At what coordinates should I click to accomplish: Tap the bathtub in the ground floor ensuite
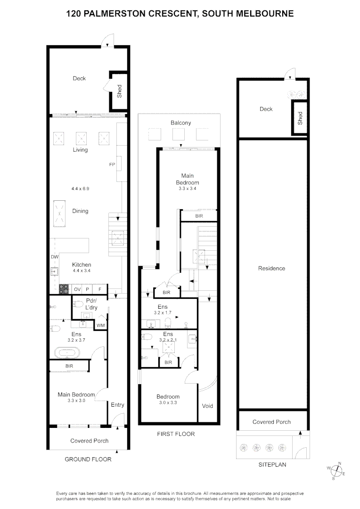(66, 352)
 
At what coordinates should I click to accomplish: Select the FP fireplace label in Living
(112, 165)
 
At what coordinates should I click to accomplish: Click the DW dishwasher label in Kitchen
(54, 257)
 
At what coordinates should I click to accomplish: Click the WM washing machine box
(100, 325)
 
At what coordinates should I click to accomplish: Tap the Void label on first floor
(207, 406)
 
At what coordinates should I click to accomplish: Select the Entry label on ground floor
(117, 405)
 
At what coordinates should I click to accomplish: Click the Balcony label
(181, 123)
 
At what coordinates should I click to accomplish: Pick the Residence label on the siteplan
(272, 269)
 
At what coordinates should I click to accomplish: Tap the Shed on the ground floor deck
(119, 91)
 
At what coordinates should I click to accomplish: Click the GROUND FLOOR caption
(89, 459)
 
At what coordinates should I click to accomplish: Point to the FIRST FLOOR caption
(175, 434)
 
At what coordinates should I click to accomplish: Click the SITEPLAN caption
(272, 465)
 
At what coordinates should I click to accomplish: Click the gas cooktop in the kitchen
(64, 289)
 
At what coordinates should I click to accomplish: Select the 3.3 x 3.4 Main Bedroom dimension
(188, 189)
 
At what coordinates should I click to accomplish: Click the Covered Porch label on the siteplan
(272, 422)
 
